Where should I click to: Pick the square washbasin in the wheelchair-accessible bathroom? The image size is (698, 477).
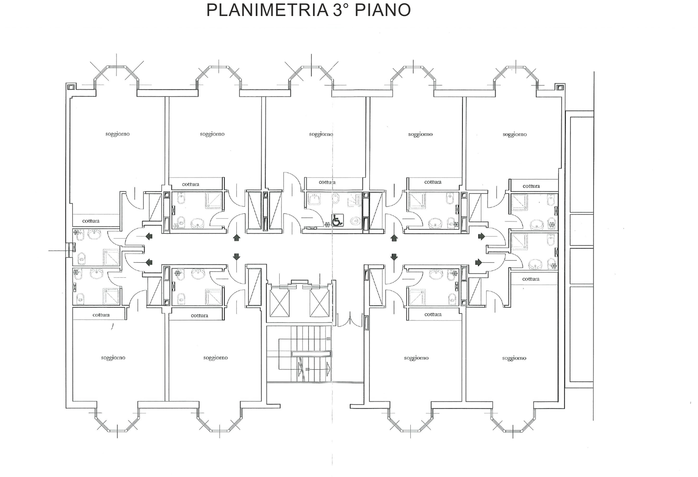(314, 199)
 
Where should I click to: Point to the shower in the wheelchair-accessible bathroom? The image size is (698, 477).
(354, 200)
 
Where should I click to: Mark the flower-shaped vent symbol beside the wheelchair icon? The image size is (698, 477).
(327, 224)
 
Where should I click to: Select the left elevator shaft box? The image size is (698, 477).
(280, 303)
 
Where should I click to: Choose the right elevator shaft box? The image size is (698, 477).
(319, 303)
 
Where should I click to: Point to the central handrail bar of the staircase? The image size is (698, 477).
(311, 354)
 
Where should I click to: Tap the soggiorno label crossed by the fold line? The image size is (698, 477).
(321, 134)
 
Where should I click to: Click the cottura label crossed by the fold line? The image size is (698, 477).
(327, 182)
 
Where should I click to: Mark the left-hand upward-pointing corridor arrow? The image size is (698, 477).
(237, 238)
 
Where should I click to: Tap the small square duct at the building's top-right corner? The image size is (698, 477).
(559, 87)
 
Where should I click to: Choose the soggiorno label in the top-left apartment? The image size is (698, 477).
(117, 134)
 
